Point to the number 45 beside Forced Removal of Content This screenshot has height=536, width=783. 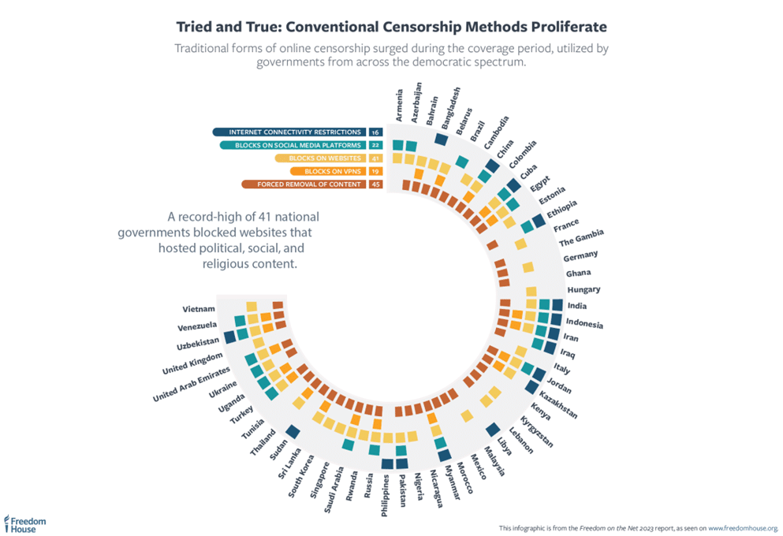[x=375, y=184]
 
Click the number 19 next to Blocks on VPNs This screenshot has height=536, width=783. [x=375, y=171]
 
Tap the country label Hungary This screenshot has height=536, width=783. [x=584, y=289]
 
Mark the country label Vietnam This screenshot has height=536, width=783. [x=198, y=309]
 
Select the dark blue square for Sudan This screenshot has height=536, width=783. [x=293, y=431]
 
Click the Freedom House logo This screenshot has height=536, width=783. [x=26, y=524]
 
